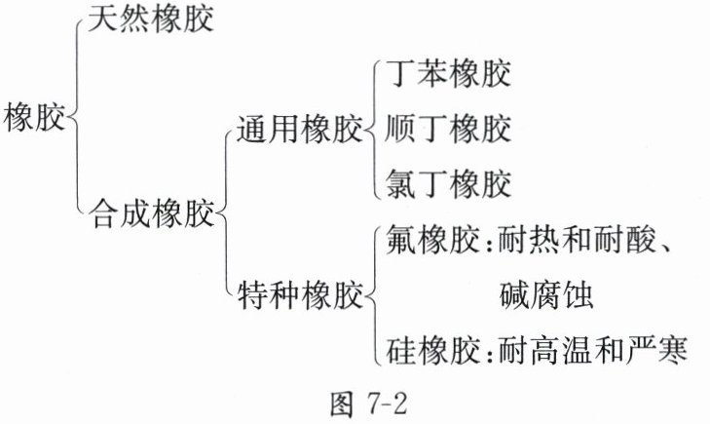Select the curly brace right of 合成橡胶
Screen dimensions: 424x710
224,213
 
